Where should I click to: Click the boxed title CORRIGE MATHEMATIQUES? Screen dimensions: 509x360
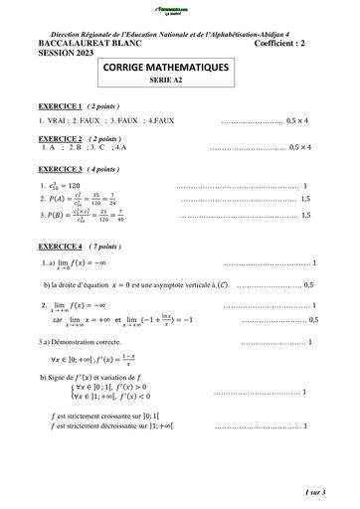coord(179,67)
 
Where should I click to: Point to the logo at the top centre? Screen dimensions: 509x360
coord(179,10)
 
